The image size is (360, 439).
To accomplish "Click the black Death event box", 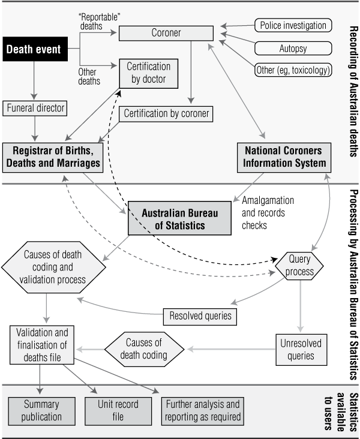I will pos(34,49).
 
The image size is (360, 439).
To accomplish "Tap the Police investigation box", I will pos(293,26).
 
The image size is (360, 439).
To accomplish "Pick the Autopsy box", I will pos(293,48).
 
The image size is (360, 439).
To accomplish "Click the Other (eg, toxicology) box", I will pos(293,70).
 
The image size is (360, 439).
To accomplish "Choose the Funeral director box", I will pos(35,109).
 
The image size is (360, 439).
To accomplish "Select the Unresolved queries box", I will pos(300,350).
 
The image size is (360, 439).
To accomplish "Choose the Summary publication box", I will pos(41,410).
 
